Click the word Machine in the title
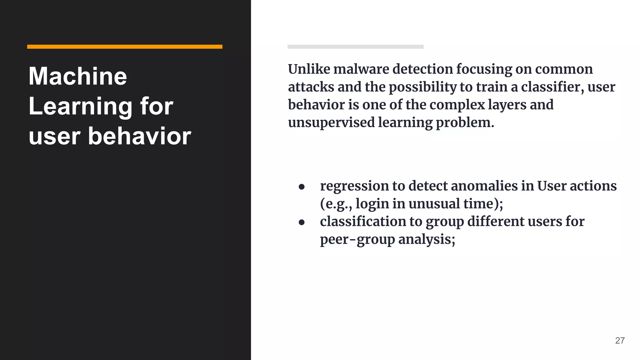click(78, 76)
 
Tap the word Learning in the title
click(80, 107)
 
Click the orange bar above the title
click(125, 47)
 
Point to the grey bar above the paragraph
click(355, 47)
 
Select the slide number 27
click(620, 340)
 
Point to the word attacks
click(311, 87)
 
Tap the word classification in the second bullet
click(363, 222)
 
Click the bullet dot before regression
click(302, 187)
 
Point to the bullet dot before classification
click(302, 222)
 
